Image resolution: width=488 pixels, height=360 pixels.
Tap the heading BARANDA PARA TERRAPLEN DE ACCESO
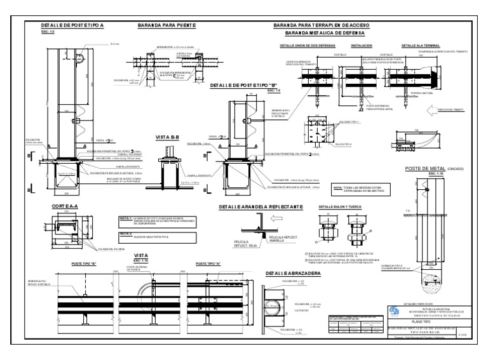click(x=325, y=25)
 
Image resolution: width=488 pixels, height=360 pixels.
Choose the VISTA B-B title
click(x=168, y=137)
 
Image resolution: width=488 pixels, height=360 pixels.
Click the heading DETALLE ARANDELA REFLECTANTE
click(x=261, y=207)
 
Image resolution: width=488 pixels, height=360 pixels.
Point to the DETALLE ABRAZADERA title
click(x=293, y=273)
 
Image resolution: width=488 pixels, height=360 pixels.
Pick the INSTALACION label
click(x=361, y=46)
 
